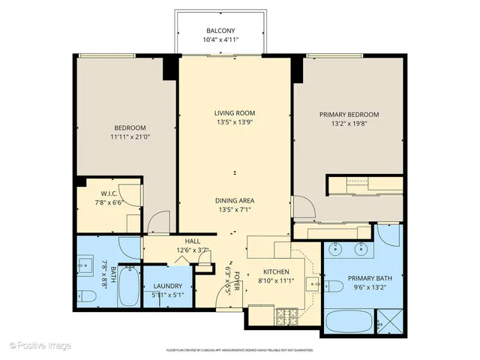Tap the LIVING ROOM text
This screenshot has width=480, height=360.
click(235, 113)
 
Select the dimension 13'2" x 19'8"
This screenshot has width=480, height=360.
click(349, 124)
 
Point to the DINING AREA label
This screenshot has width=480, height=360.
click(235, 200)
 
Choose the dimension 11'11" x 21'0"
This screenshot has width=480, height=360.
click(130, 137)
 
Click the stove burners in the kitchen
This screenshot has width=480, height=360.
click(286, 315)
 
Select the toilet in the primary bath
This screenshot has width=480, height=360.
click(334, 285)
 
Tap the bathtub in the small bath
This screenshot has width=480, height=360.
click(128, 286)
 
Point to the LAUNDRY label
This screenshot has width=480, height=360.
click(168, 286)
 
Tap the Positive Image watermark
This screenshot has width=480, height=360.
click(40, 345)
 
